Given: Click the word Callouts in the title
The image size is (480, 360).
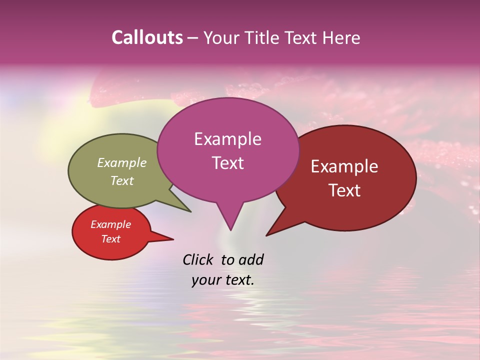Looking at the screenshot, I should coord(147,37).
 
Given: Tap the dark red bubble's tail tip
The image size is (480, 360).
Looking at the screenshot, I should coord(266,235).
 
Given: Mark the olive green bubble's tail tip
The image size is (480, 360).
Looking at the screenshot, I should coord(190,211).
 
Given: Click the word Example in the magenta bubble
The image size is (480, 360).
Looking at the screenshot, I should coord(227,139).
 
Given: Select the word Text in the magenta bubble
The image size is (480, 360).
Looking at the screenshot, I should coord(227,163).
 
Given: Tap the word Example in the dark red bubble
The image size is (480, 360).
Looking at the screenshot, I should coord(344,166).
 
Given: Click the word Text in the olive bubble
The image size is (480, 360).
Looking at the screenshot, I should coord(122,180).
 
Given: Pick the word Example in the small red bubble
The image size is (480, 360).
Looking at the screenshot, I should coord(110,224).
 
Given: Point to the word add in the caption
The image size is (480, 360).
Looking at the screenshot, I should coord(250,259).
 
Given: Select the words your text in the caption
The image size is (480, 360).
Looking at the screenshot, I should coord(223,280).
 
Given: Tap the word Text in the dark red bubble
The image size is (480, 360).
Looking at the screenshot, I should coord(345,190).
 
